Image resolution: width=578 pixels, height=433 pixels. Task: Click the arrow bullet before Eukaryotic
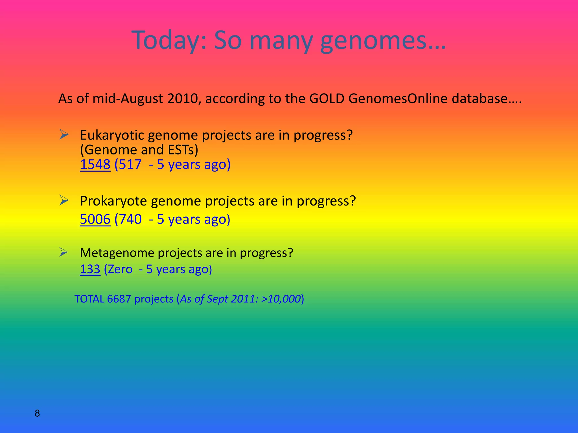[64, 134]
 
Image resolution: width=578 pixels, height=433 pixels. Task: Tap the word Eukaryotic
[112, 136]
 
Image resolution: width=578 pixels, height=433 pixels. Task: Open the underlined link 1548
[95, 165]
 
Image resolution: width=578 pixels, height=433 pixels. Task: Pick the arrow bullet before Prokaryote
[64, 200]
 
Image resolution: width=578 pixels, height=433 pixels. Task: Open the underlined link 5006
[95, 220]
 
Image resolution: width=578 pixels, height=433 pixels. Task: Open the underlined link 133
[90, 269]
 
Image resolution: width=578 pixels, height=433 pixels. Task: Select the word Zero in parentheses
[120, 269]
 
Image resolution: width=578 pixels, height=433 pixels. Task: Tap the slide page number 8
[37, 413]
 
